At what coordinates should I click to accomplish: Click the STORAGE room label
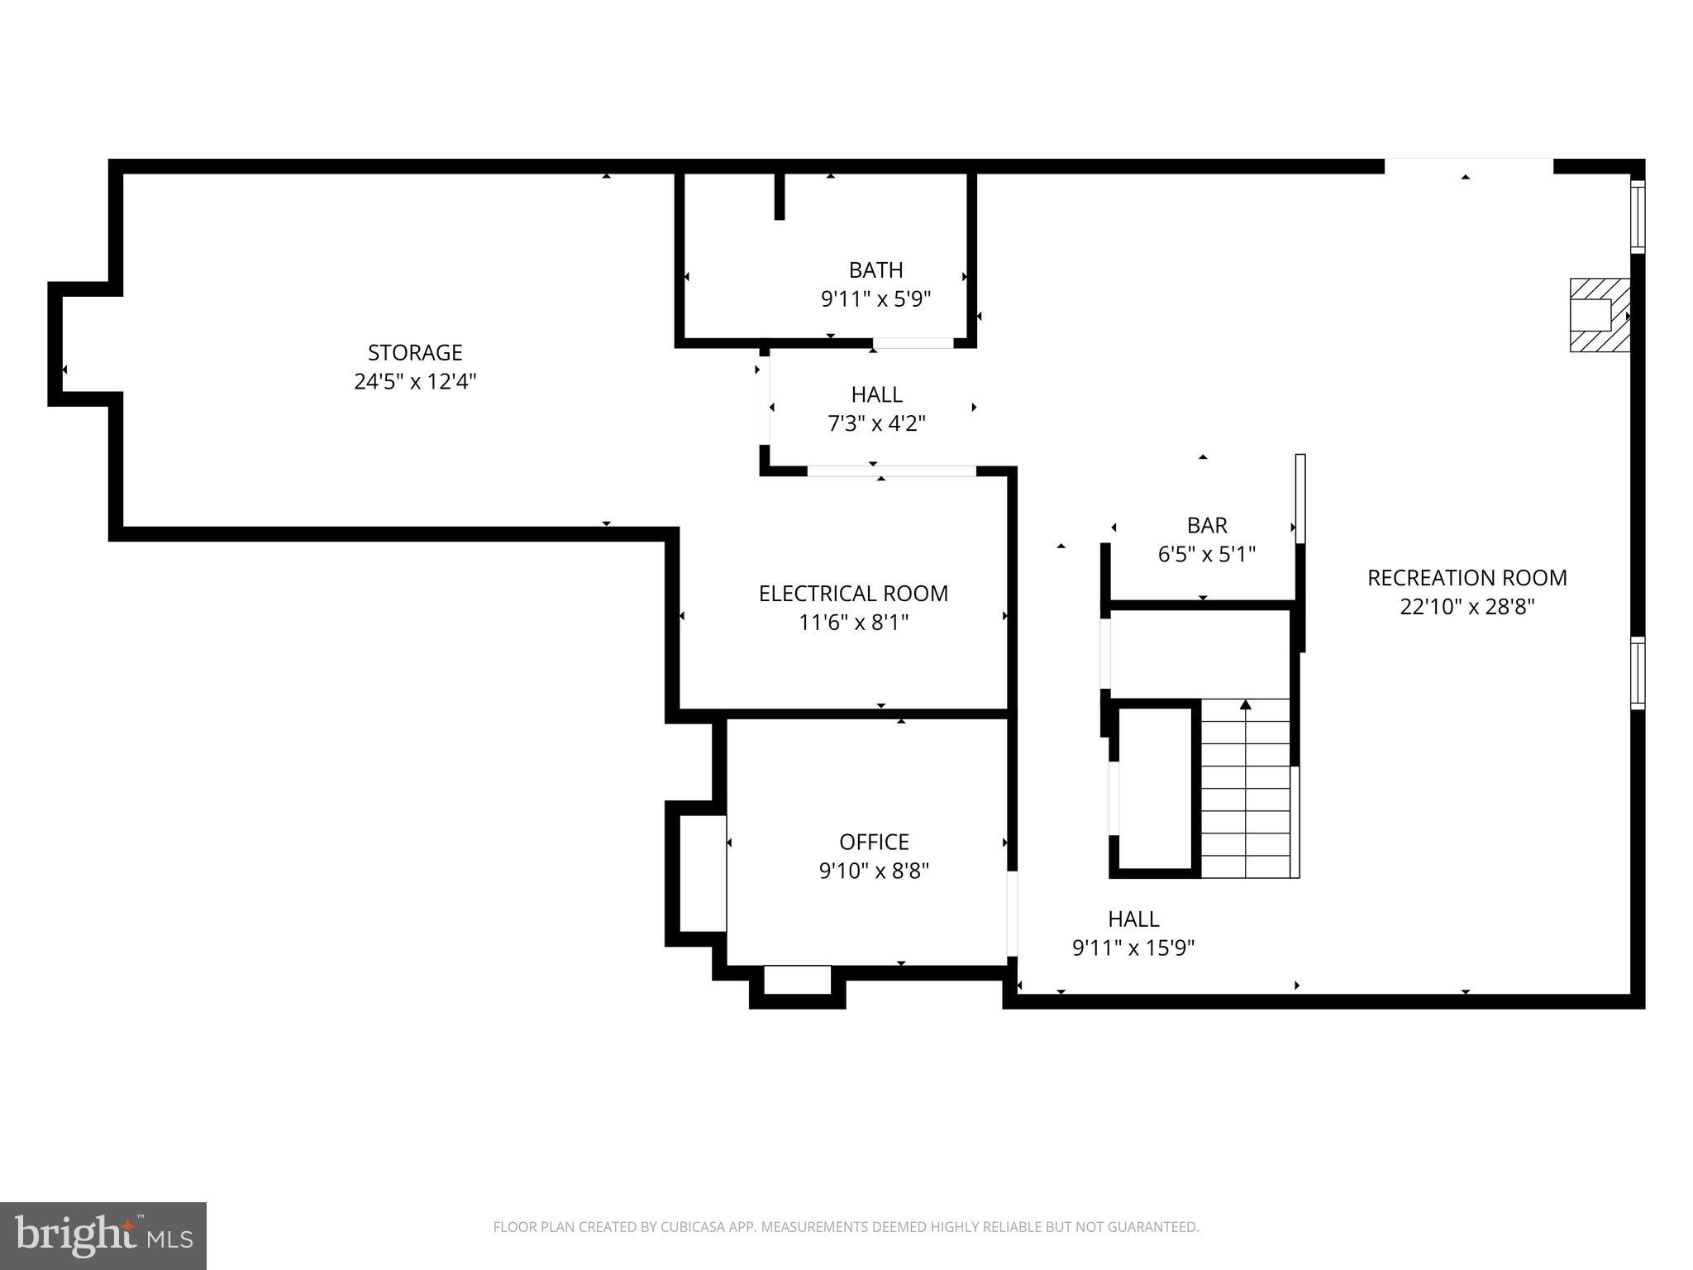[x=414, y=353]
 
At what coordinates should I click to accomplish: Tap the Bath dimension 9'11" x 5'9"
[x=875, y=299]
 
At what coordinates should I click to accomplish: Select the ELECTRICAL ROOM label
[x=853, y=594]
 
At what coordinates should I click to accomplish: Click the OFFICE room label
[x=874, y=842]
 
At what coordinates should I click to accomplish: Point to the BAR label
[x=1207, y=525]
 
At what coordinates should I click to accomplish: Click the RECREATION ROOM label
[x=1466, y=578]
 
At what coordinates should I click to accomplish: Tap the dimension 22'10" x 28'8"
[x=1466, y=607]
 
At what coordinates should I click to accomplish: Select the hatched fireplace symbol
[x=1599, y=315]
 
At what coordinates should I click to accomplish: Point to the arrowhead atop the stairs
[x=1246, y=704]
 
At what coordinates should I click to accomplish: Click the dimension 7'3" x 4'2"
[x=876, y=424]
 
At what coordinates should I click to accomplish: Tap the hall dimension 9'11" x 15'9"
[x=1133, y=948]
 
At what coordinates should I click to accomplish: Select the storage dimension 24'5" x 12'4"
[x=414, y=382]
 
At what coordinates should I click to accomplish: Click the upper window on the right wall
[x=1637, y=216]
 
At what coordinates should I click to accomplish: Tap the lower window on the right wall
[x=1637, y=672]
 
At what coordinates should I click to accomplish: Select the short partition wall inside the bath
[x=779, y=196]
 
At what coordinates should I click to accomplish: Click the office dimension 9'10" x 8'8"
[x=874, y=871]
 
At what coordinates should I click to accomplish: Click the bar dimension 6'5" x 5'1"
[x=1207, y=554]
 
